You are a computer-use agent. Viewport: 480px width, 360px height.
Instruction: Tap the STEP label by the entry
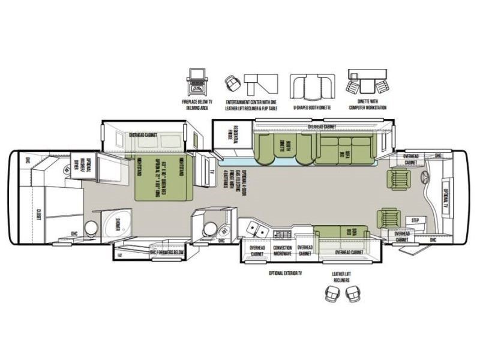click(x=415, y=221)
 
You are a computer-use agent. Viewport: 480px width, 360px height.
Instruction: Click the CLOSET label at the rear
click(x=37, y=214)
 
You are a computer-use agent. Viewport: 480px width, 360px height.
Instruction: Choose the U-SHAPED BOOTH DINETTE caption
click(x=312, y=107)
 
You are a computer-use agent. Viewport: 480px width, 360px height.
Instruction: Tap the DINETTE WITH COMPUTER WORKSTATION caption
click(x=367, y=105)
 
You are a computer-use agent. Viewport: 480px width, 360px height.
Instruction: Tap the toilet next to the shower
click(x=91, y=227)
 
